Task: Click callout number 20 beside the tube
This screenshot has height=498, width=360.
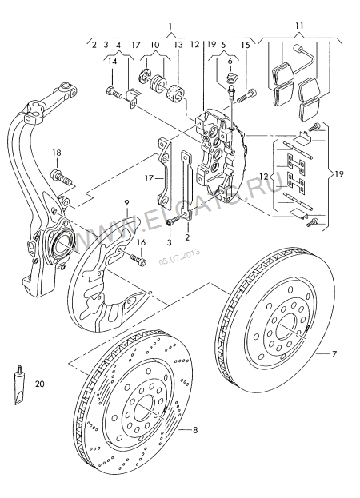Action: pos(40,384)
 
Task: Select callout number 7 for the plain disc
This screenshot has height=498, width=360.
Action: pos(334,353)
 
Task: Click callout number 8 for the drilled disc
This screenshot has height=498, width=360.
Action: pos(195,430)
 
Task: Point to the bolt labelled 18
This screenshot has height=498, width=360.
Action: pos(62,177)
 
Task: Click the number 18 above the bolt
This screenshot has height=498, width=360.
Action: pos(57,153)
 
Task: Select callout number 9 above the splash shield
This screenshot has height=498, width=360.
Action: pos(126,203)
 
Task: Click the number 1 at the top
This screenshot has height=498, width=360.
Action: pos(170,26)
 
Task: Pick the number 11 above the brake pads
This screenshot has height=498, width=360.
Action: pos(299,26)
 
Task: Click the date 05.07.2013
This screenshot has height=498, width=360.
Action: pos(179,256)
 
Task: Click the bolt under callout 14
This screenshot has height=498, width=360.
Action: pos(114,92)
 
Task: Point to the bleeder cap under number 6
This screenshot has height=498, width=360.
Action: pos(230,77)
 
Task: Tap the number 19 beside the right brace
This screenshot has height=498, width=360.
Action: pos(339,174)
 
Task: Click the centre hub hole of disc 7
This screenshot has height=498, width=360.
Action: pos(287,326)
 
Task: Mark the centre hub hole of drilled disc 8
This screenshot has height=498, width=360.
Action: pos(145,407)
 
